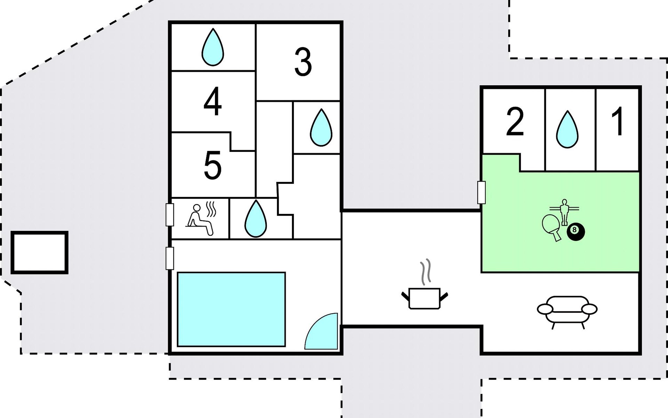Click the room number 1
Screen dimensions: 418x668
[618, 122]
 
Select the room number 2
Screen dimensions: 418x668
[515, 122]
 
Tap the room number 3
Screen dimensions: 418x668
[303, 62]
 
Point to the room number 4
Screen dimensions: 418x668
[213, 102]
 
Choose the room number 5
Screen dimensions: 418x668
[213, 165]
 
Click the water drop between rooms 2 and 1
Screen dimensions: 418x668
[567, 129]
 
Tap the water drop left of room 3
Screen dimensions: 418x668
[213, 47]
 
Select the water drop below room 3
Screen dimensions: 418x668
[321, 127]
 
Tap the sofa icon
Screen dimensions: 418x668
[567, 310]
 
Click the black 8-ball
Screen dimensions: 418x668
[576, 231]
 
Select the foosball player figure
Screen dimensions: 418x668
[564, 211]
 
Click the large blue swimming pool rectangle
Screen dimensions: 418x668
[231, 309]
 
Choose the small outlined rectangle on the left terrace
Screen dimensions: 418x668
[39, 253]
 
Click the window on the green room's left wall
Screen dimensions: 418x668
[482, 192]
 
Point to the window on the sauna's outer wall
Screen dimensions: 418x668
[170, 215]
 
